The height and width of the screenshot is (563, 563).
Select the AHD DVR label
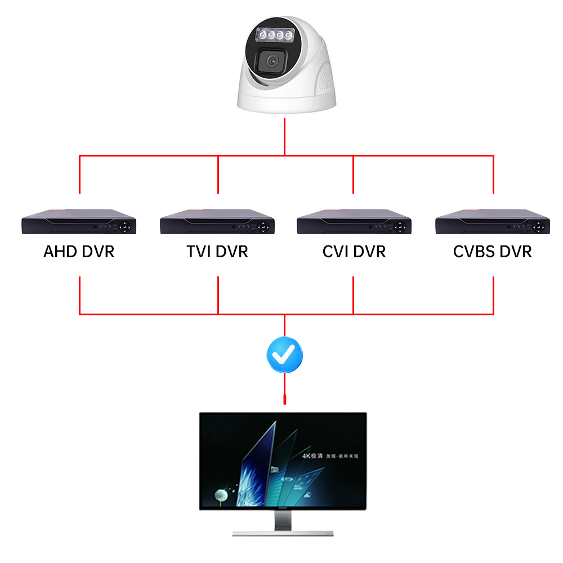[x=79, y=251]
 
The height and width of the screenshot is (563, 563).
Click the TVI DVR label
[x=217, y=251]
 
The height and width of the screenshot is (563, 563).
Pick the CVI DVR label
[x=354, y=251]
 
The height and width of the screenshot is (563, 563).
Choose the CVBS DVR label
[x=492, y=251]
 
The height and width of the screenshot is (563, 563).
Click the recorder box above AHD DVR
[x=79, y=222]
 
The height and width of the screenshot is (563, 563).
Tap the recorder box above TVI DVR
[x=217, y=222]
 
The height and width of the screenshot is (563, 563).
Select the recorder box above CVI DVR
[x=354, y=222]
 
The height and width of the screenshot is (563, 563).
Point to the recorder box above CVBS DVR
[x=492, y=222]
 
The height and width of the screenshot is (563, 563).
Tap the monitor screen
[x=283, y=462]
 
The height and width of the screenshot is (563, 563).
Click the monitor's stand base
[x=283, y=532]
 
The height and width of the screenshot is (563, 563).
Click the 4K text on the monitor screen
[x=307, y=455]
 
